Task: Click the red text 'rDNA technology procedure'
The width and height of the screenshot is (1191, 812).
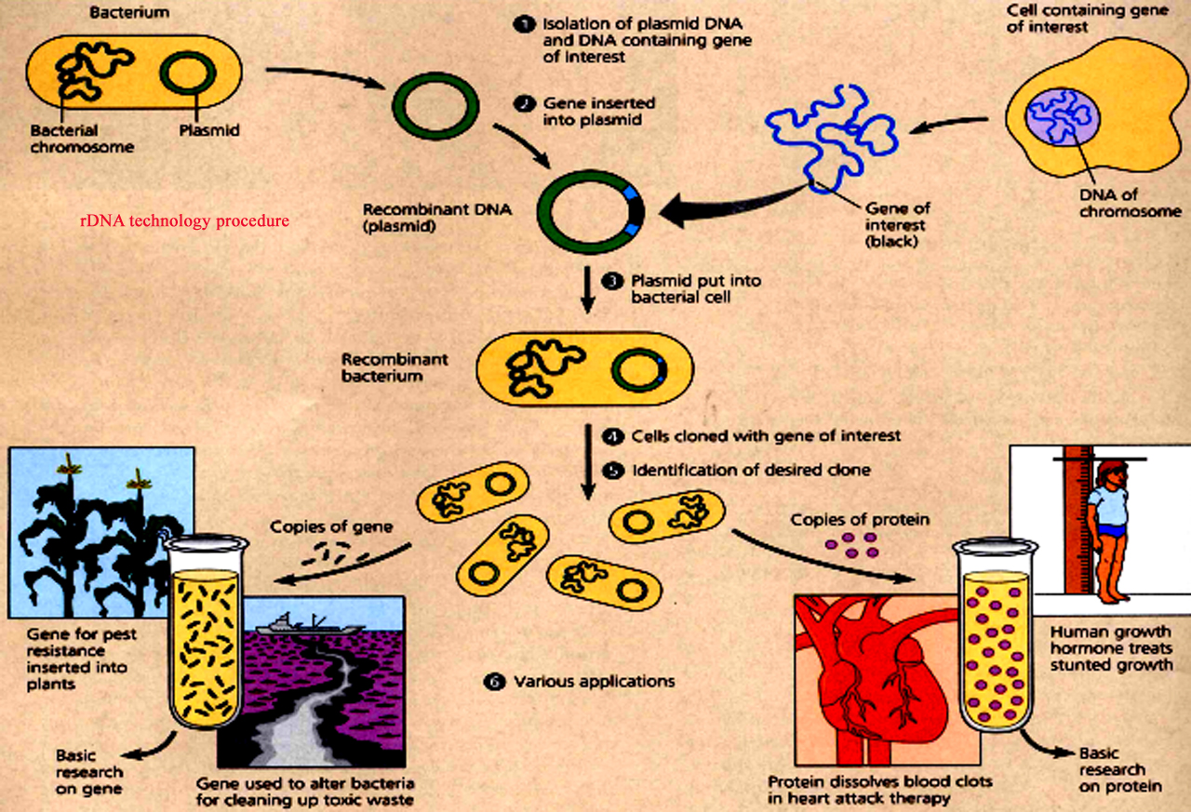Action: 184,221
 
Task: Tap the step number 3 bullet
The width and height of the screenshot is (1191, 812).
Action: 612,280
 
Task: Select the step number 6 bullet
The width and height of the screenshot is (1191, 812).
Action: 494,682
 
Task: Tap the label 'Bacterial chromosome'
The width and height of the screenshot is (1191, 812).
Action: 82,139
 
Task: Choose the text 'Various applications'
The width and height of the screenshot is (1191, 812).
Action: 595,682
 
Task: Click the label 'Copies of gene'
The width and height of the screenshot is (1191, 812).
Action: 331,527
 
